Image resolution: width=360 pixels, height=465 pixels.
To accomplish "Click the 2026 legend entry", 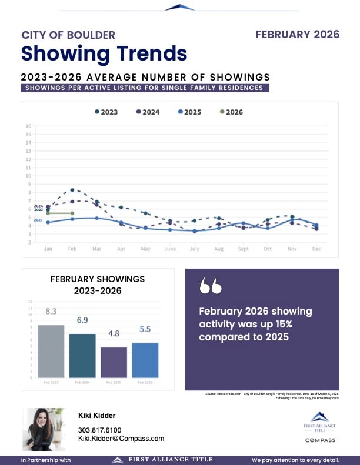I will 231,112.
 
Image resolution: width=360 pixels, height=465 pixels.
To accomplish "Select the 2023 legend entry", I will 105,112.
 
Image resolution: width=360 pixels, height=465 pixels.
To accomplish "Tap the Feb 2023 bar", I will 51,351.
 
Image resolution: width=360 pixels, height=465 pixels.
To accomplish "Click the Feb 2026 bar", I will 145,360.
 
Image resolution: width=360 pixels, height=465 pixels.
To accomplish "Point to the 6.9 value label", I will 82,320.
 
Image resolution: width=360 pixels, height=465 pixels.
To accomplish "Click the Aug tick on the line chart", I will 218,249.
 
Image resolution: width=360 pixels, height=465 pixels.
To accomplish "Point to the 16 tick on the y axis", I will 28,126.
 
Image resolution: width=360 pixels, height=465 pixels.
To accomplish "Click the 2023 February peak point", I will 72,190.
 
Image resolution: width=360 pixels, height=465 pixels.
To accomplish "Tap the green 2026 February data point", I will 72,213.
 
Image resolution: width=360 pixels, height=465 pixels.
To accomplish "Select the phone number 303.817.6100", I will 100,430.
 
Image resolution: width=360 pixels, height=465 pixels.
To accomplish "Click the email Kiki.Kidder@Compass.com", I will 121,439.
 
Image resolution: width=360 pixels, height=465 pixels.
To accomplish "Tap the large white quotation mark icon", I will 211,286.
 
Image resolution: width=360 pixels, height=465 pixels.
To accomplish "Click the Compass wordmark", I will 320,440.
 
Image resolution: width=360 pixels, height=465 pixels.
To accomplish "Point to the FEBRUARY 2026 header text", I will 298,35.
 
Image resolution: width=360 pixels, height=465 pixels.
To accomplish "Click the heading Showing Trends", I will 104,53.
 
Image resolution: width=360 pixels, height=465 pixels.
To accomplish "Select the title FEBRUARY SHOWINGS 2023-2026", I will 98,285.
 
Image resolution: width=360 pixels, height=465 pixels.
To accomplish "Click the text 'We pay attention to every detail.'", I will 295,460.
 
